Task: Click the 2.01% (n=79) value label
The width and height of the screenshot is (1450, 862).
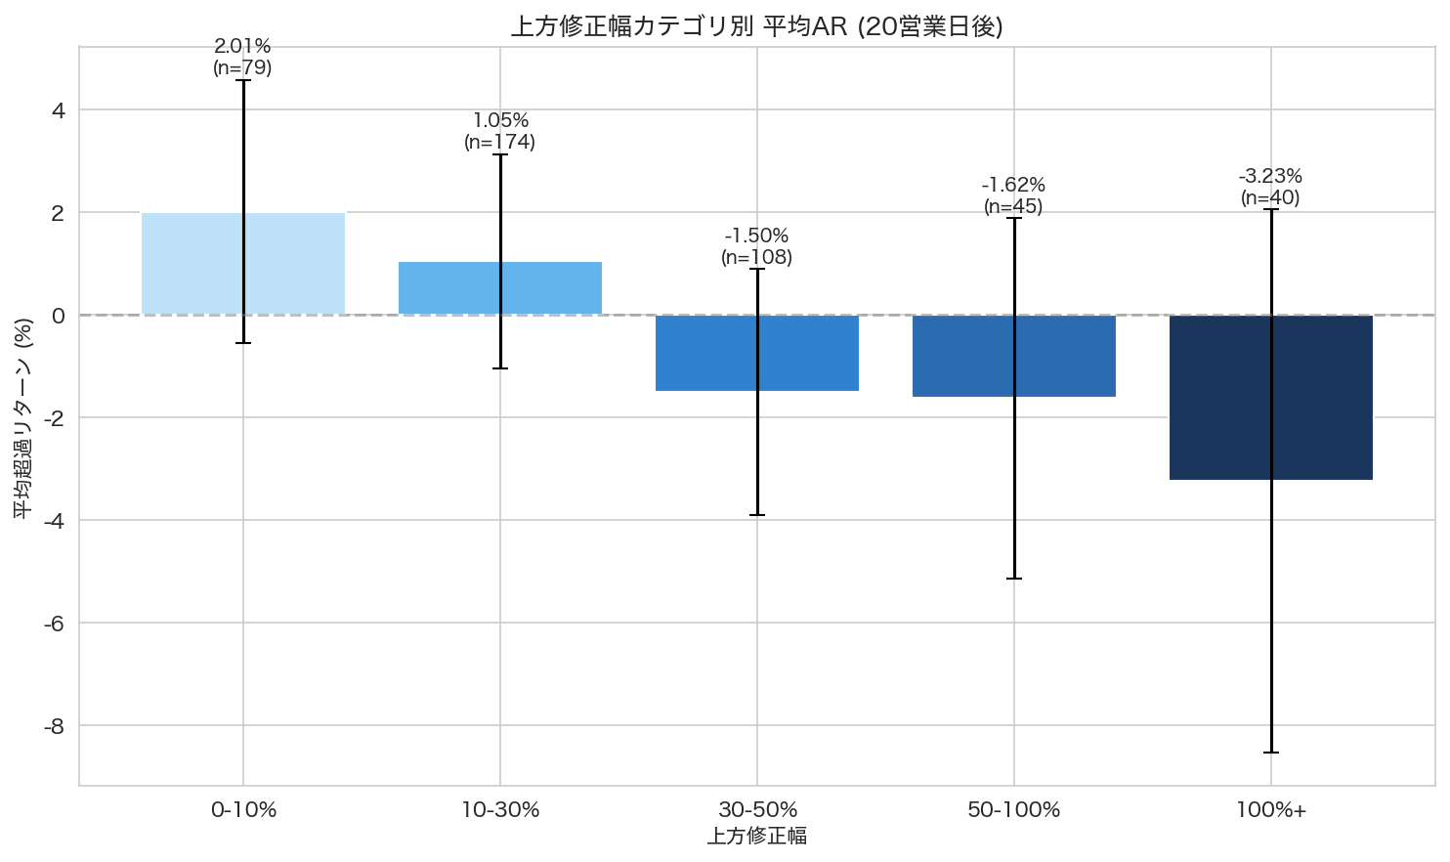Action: tap(242, 57)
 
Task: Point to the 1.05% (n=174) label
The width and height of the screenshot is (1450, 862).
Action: tap(500, 131)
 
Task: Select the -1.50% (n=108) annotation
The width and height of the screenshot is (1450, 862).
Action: tap(757, 246)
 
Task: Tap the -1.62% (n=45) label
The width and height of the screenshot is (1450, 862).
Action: tap(1013, 195)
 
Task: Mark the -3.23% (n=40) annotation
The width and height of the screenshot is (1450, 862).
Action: tap(1270, 187)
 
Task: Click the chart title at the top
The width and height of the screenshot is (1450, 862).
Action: tap(757, 26)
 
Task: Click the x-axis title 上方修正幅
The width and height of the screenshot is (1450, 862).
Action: tap(757, 836)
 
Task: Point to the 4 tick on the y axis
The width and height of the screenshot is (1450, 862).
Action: tap(59, 110)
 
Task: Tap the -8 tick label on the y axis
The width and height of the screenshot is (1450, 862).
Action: tap(55, 726)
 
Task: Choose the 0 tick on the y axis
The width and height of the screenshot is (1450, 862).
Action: tap(59, 316)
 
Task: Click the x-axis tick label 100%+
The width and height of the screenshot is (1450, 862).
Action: tap(1270, 810)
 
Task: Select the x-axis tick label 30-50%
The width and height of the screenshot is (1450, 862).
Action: tap(757, 810)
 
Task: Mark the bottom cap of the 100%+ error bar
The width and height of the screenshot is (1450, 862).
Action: tap(1271, 753)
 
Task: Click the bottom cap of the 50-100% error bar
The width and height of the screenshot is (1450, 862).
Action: tap(1014, 579)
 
